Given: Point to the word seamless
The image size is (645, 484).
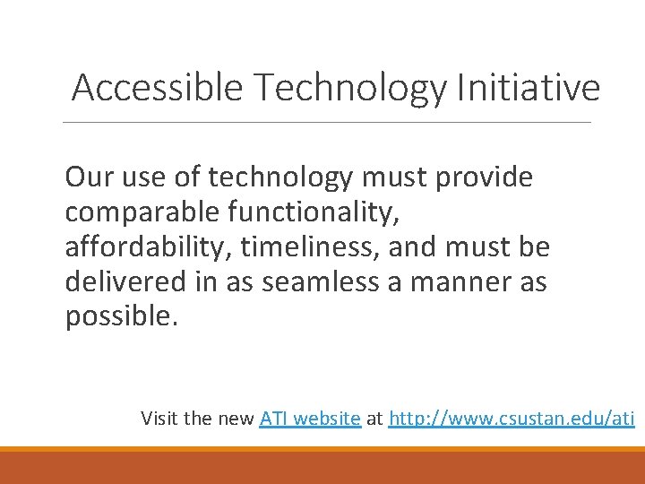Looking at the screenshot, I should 311,282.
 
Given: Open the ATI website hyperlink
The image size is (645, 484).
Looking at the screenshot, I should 310,418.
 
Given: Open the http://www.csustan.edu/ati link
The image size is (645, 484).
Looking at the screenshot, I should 512,418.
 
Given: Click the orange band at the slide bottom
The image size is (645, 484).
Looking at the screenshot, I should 322,464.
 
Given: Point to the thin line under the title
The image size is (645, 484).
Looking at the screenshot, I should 328,123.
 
